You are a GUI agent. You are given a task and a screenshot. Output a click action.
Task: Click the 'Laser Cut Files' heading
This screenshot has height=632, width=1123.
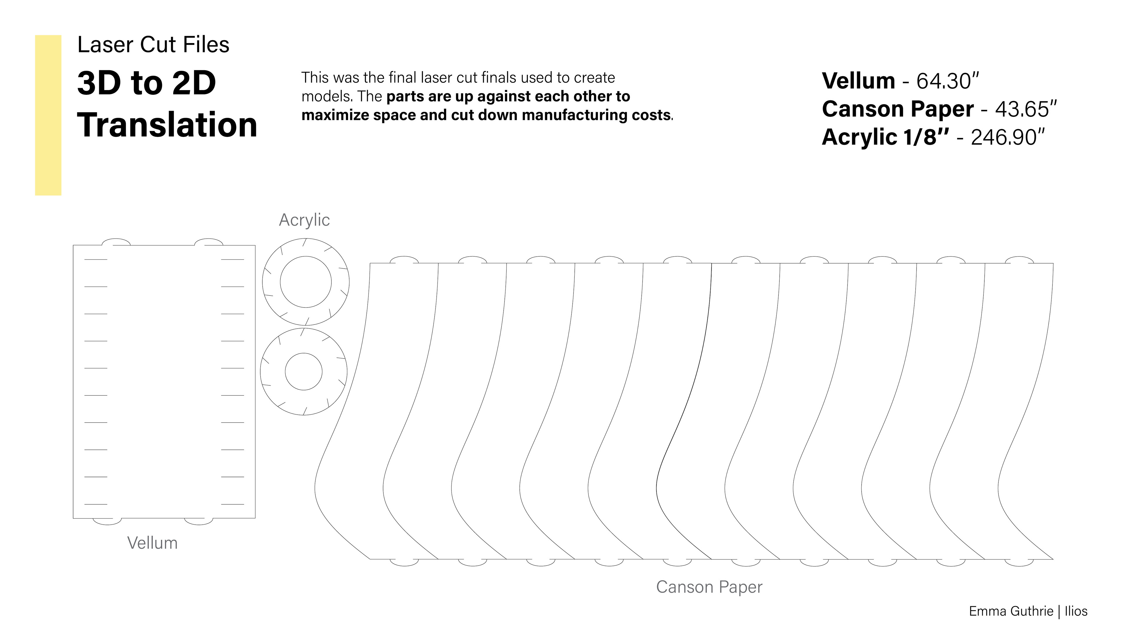point(153,44)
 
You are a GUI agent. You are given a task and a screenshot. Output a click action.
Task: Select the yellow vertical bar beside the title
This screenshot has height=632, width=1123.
point(48,115)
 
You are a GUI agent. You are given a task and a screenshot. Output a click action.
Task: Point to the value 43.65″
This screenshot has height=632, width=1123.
point(1026,109)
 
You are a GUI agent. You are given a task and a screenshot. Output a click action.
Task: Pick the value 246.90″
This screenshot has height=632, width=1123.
point(1008,138)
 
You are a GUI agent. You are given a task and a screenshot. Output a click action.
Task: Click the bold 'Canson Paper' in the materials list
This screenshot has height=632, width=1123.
point(897,109)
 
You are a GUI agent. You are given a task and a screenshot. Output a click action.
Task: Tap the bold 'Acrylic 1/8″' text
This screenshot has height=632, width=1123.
point(885,138)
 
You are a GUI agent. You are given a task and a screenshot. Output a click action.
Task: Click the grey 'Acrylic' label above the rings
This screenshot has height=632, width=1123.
point(304,220)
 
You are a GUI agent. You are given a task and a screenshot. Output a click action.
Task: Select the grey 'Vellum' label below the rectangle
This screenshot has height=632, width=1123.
point(152,543)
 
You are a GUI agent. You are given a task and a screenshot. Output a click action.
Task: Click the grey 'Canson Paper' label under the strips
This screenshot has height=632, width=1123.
point(709,587)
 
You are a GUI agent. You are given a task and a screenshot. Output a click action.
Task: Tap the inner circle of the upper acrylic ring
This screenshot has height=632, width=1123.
point(306,282)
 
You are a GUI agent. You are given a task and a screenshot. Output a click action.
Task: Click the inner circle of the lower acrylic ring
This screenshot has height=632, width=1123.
point(304,372)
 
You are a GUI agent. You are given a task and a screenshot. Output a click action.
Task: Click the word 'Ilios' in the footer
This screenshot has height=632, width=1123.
point(1076,611)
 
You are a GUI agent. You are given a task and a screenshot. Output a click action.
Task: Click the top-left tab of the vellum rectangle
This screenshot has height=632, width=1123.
point(116,242)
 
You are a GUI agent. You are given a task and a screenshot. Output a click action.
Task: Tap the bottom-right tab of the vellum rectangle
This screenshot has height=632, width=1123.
point(198,521)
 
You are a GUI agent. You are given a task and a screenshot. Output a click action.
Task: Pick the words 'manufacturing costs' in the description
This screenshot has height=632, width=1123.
point(596,115)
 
